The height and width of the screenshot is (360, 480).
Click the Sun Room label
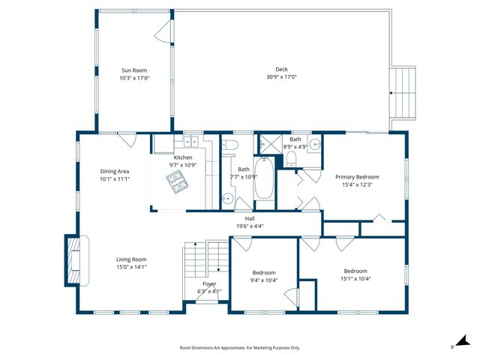click(134, 70)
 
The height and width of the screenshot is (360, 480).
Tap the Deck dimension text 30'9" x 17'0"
click(281, 77)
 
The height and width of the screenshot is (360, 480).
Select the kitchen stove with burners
click(176, 179)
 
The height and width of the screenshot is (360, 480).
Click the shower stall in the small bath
click(266, 142)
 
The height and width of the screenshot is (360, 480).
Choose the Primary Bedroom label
click(357, 177)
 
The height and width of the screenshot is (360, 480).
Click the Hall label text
click(250, 218)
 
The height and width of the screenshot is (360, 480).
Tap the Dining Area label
click(115, 171)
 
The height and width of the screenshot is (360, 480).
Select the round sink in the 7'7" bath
click(228, 198)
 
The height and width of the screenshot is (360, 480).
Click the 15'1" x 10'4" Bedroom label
click(355, 271)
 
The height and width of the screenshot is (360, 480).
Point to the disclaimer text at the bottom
click(240, 348)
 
